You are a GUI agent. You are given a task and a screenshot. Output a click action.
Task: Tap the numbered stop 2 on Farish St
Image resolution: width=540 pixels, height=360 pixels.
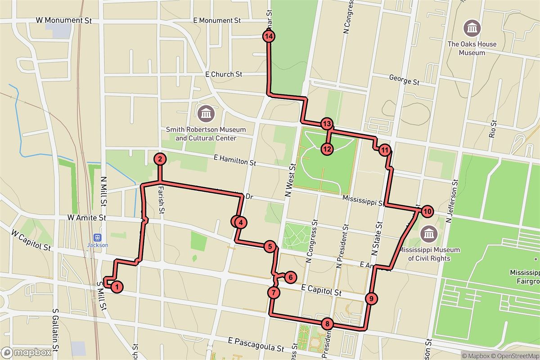[160, 158]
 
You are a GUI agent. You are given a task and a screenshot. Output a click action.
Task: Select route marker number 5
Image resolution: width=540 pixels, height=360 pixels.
[270, 246]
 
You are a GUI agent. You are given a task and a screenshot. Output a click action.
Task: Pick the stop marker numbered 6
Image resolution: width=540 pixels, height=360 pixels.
[290, 278]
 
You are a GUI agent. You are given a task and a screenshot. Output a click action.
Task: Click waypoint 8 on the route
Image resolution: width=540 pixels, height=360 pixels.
[327, 324]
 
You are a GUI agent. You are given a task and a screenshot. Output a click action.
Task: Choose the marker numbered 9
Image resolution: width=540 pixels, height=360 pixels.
[370, 298]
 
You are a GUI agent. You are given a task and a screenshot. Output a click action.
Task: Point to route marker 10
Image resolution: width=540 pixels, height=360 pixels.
[427, 211]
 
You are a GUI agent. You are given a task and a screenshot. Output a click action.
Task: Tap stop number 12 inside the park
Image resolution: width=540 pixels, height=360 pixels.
[327, 148]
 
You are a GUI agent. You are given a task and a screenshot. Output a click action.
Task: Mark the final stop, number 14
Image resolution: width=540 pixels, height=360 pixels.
[269, 36]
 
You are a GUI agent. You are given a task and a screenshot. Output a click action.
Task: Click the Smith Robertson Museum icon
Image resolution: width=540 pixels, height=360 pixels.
[206, 113]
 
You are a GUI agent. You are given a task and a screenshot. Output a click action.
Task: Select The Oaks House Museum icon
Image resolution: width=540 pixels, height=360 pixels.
[472, 29]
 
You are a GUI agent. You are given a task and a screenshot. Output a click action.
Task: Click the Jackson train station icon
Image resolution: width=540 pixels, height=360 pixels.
[97, 237]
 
